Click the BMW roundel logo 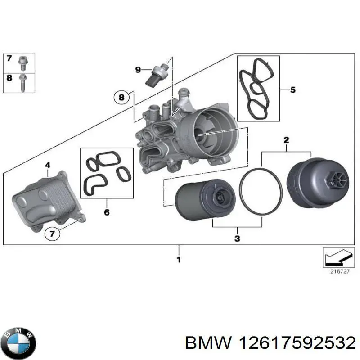[18, 338]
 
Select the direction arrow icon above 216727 [336, 257]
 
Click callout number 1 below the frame [179, 260]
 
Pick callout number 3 [238, 238]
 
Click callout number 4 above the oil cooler [48, 166]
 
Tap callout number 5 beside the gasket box [292, 90]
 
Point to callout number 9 [138, 69]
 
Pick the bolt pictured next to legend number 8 [22, 81]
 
